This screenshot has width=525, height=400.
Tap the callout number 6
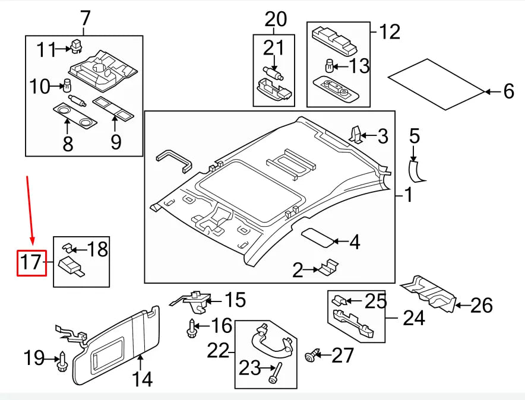click(508, 91)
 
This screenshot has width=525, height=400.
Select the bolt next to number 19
click(61, 361)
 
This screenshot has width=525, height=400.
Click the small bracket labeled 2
click(326, 268)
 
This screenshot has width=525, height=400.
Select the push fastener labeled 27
click(309, 356)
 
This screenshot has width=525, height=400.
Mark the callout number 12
click(390, 31)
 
